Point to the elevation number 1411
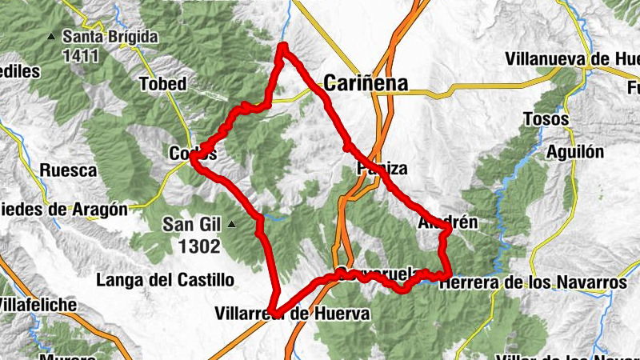pos(83,56)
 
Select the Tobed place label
pos(162,84)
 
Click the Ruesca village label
pos(68,170)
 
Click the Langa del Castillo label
pos(165,280)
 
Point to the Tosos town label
pos(546,119)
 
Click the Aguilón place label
pos(575,153)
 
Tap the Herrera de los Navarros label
pos(533,282)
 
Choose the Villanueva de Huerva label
pos(572,59)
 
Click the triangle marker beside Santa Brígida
pos(52,37)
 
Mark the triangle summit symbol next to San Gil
pos(231,225)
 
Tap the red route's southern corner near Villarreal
pos(272,310)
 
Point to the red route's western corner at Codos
pos(194,157)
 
